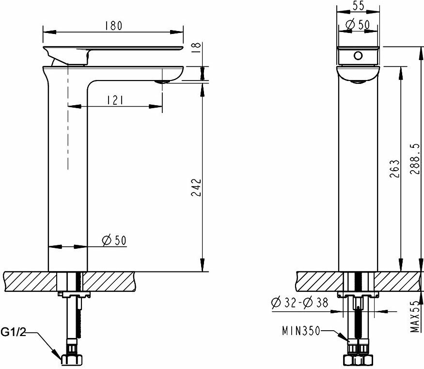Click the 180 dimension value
[114, 25]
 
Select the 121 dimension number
[115, 100]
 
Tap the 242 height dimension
[197, 187]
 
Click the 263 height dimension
[394, 169]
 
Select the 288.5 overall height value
[415, 159]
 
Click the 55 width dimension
[359, 5]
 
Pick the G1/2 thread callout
[14, 332]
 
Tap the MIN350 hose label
[301, 331]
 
